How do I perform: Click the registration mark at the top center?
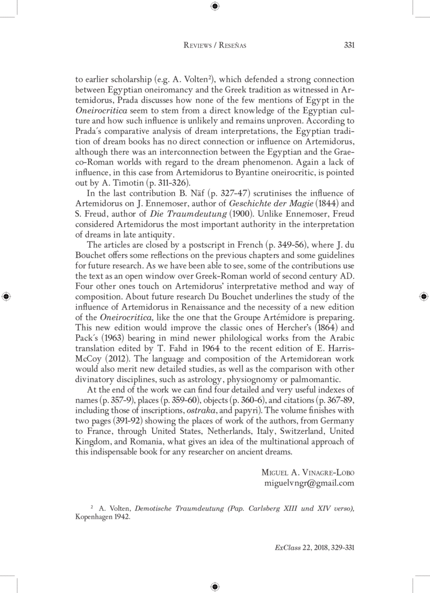point(214,6)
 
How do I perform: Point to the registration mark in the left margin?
point(6,296)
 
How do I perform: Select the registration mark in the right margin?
point(424,296)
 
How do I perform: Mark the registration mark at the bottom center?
point(214,587)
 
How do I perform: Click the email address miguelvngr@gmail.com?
point(309,483)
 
